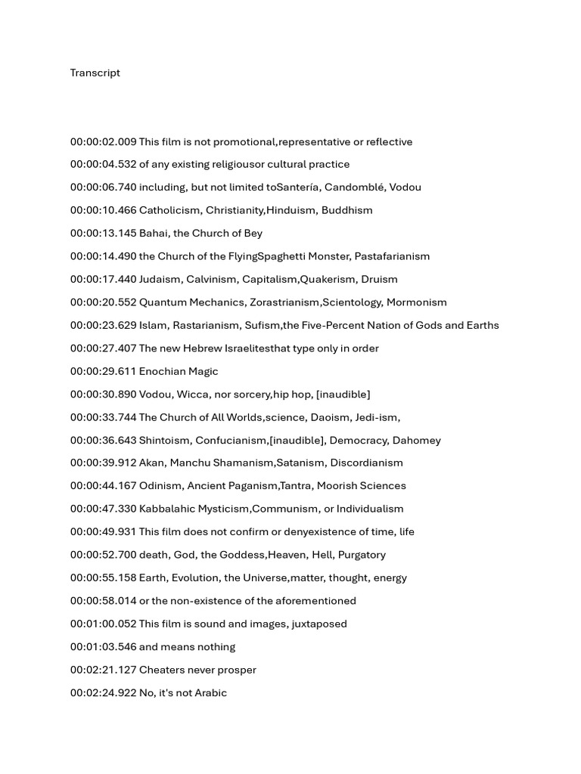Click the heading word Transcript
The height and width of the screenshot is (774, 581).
click(x=95, y=73)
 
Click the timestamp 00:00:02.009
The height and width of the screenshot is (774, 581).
click(x=104, y=142)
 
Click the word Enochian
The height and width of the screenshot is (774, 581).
click(x=163, y=372)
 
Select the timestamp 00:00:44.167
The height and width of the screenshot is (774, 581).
click(x=104, y=486)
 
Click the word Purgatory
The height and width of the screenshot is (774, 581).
click(x=362, y=555)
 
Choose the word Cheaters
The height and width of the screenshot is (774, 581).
click(x=163, y=670)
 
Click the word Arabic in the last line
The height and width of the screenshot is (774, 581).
click(x=210, y=693)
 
